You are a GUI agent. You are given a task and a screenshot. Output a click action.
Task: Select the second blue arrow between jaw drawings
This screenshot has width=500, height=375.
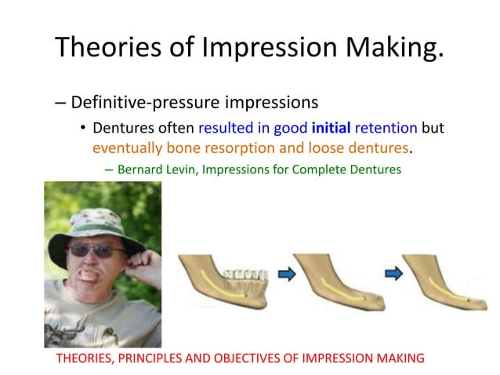393,273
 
